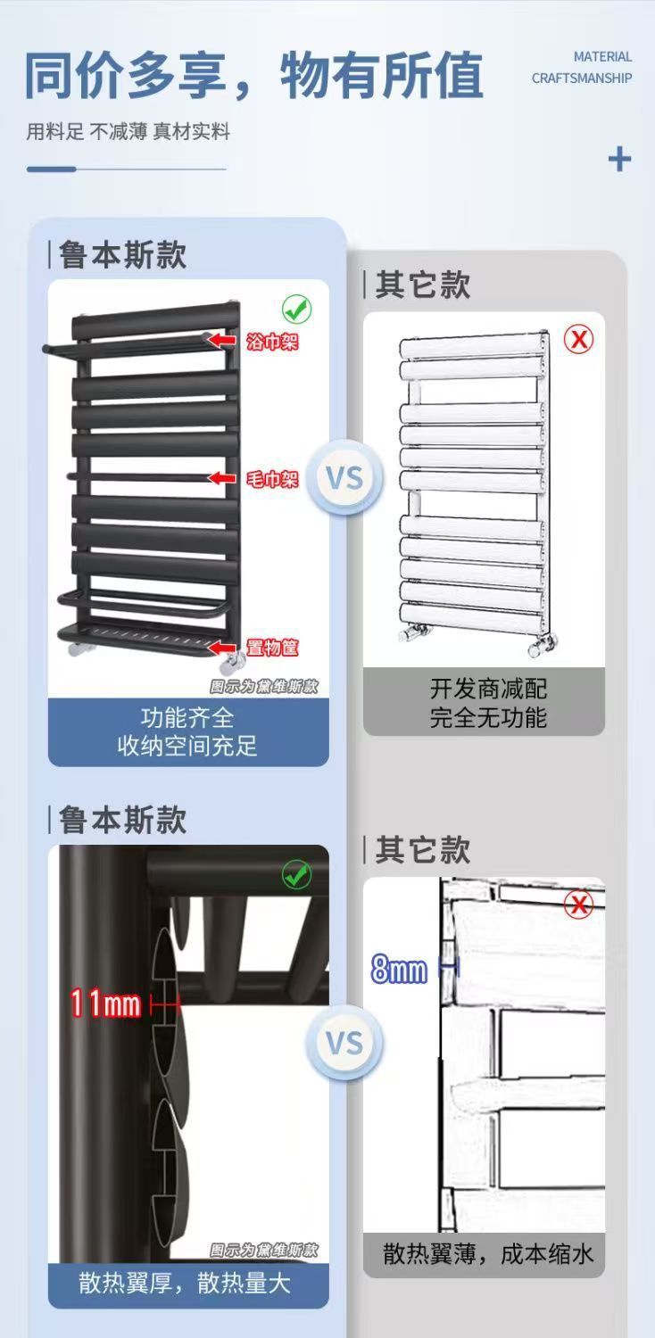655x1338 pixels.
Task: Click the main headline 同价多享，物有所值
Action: pos(253,76)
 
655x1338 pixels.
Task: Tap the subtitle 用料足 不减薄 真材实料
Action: pos(128,132)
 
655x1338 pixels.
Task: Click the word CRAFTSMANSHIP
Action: pos(581,78)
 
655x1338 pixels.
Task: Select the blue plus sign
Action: pos(619,160)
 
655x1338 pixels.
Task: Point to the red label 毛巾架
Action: pos(272,478)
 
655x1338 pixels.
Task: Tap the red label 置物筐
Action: pos(272,648)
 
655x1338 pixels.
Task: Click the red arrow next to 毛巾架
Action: pos(222,478)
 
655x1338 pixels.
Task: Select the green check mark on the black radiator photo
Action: pos(296,310)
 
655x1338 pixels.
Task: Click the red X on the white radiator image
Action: pos(579,339)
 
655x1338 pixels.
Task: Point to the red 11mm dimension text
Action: pos(106,1004)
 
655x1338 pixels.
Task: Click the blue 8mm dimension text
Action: pos(399,970)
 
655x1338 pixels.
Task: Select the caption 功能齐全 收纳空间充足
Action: pos(187,732)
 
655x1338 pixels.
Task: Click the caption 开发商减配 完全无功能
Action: pos(488,703)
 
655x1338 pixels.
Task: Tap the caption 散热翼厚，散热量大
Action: pos(185,1284)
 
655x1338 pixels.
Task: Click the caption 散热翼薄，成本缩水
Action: pos(488,1254)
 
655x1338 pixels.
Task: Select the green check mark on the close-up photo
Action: pos(296,875)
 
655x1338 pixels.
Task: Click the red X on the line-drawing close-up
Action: pos(579,905)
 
